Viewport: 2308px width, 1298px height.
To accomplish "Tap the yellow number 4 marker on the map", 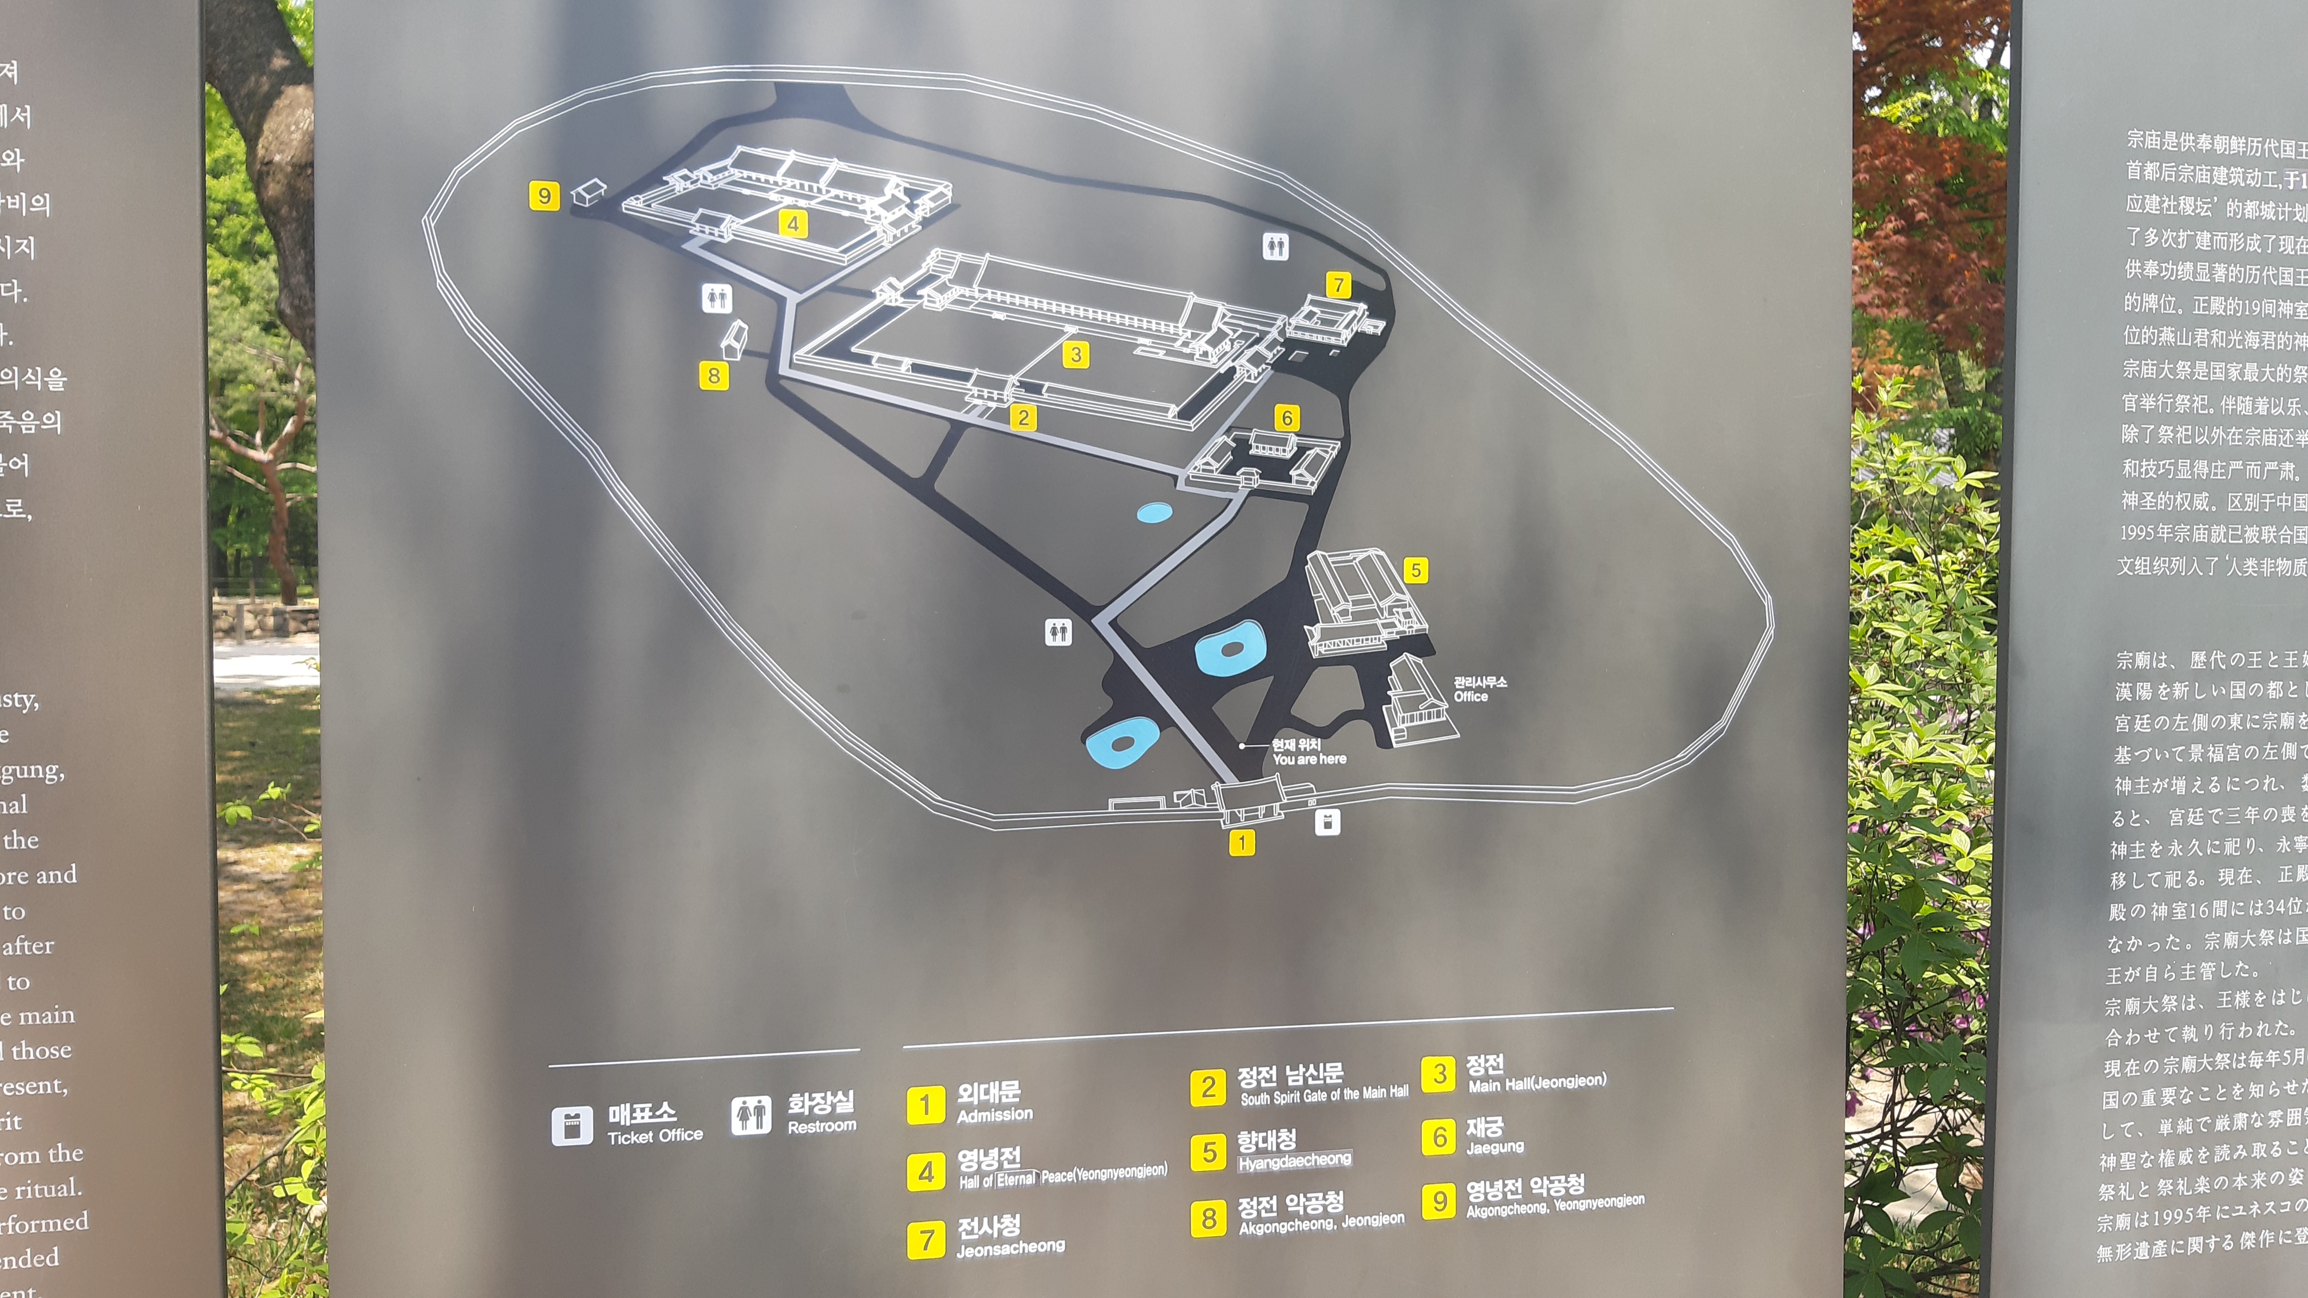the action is (x=793, y=223).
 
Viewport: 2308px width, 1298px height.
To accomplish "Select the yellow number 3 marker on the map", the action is (x=1076, y=355).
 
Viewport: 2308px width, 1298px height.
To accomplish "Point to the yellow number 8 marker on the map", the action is (x=714, y=375).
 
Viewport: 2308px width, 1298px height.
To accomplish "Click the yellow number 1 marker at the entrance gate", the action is (x=1242, y=842).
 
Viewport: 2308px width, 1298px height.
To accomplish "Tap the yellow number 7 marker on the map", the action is (x=1338, y=285).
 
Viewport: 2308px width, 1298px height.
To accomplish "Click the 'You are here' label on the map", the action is (x=1309, y=759).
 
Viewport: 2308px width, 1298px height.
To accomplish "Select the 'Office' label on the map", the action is (x=1471, y=697).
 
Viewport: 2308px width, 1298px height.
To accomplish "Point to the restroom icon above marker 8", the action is (x=717, y=298).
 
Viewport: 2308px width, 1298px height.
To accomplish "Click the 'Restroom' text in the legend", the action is (x=821, y=1126).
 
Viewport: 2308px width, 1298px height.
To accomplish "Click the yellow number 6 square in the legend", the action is (x=1439, y=1137).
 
